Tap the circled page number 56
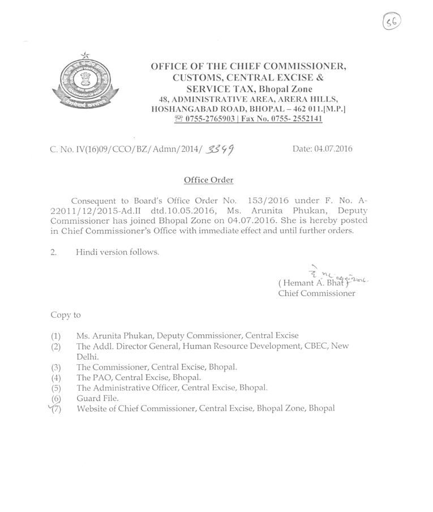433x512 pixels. click(x=391, y=22)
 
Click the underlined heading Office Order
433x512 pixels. click(x=208, y=180)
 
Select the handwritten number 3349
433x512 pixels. click(x=221, y=149)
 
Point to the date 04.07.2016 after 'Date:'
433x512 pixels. click(x=334, y=149)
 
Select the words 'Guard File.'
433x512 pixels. click(x=98, y=398)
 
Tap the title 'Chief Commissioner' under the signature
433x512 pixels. click(x=316, y=293)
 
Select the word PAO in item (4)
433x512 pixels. click(x=102, y=377)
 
